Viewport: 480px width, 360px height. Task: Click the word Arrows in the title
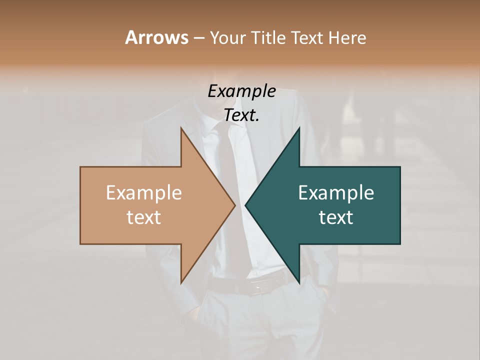(x=156, y=37)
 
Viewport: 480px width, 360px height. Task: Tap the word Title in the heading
(x=270, y=38)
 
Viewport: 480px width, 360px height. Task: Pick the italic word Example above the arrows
(x=241, y=91)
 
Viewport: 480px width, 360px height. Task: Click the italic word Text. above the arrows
(x=241, y=115)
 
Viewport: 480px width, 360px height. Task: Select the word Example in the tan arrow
(x=143, y=192)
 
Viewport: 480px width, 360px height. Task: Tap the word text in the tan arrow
(x=143, y=217)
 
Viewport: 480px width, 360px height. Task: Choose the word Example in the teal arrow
(x=336, y=192)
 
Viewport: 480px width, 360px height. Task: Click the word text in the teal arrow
(x=336, y=217)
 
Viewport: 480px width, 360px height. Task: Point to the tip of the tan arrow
(x=234, y=205)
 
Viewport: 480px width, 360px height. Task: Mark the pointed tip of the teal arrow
(x=245, y=205)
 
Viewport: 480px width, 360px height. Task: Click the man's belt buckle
(x=260, y=286)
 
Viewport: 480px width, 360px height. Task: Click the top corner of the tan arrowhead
(x=181, y=128)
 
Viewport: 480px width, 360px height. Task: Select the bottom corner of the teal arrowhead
(x=299, y=283)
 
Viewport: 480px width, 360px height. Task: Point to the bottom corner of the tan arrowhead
(x=181, y=283)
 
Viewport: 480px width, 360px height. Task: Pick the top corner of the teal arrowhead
(x=299, y=128)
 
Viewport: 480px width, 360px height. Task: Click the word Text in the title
(x=307, y=38)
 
